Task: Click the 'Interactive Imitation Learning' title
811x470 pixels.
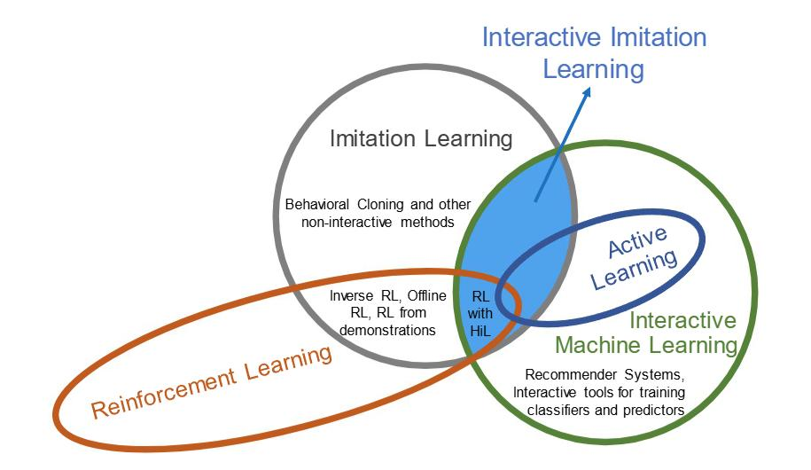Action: coord(594,51)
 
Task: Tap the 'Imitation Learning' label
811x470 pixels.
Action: coord(421,139)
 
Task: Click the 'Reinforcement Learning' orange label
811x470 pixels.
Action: coord(213,381)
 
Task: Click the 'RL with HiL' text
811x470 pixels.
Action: coord(480,313)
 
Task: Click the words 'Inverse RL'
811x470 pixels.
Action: coord(361,296)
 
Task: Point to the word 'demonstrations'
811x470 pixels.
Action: coord(391,330)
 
